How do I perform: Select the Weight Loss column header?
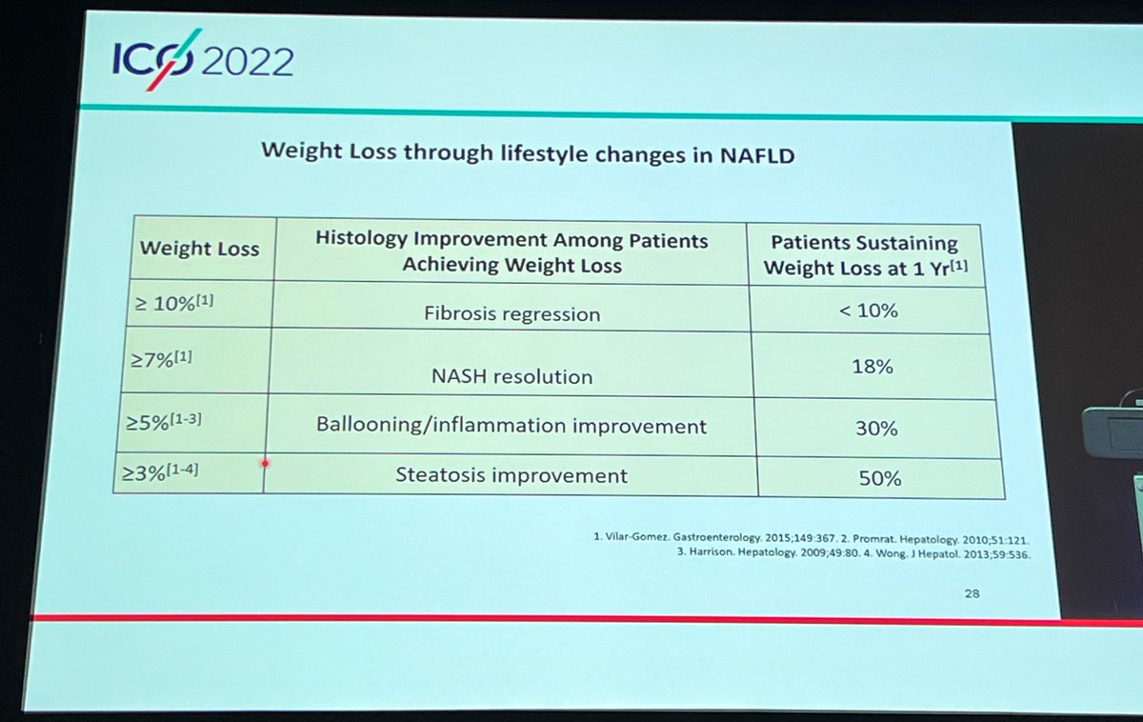pos(199,249)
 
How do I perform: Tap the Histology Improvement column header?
pos(511,252)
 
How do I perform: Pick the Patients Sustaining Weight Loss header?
pos(864,255)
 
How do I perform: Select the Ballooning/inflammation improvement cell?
pos(511,426)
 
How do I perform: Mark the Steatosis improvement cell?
pos(511,474)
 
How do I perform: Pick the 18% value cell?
pos(873,366)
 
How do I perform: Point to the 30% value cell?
pos(875,429)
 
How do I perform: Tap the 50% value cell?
pos(879,478)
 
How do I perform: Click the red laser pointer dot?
pos(265,463)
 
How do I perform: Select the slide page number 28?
pos(972,593)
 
